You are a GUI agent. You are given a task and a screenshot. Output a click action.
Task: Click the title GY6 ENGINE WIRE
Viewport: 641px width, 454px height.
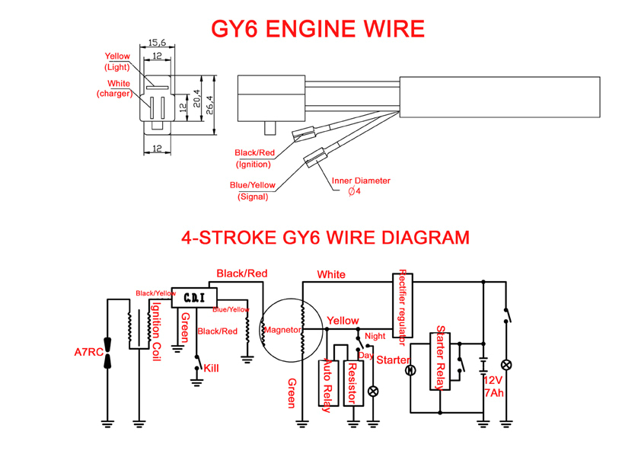pos(317,29)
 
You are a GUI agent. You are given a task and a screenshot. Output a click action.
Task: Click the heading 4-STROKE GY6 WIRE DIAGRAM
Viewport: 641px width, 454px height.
pos(325,237)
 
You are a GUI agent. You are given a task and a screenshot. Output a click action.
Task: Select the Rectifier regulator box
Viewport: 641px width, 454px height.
pos(401,305)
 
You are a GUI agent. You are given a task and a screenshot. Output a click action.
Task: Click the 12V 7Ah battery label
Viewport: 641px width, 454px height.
pos(494,387)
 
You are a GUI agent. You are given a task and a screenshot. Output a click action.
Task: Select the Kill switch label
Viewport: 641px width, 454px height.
pos(211,368)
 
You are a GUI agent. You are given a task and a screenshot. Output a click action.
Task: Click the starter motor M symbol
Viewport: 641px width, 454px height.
pos(410,370)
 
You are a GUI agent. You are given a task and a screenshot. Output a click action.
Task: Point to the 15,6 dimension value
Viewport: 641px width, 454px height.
pos(157,42)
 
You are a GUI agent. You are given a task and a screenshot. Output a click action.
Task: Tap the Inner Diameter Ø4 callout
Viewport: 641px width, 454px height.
pos(362,186)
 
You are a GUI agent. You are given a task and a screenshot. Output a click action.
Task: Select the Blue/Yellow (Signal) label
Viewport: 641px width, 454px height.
pos(254,190)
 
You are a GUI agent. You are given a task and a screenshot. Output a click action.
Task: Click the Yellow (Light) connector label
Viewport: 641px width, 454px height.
pos(118,61)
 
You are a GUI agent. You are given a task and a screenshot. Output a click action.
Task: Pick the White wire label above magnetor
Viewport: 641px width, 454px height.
pos(331,274)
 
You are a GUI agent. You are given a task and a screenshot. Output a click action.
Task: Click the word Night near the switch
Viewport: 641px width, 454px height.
pos(375,335)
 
